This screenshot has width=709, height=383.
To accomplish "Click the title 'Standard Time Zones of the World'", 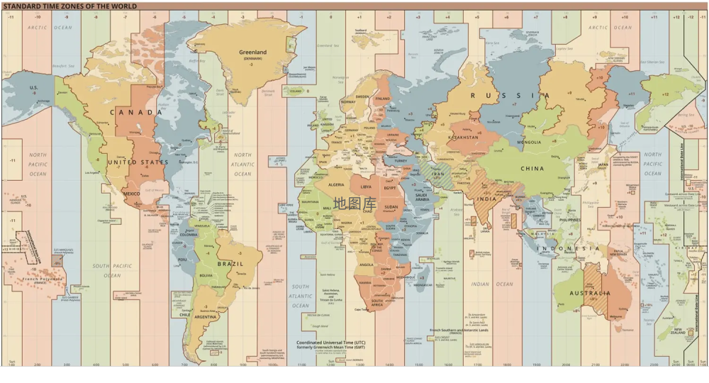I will [x=69, y=6].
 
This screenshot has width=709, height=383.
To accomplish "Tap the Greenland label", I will [x=252, y=52].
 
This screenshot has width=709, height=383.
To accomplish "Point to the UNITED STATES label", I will [x=138, y=162].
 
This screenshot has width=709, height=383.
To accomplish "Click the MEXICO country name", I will [x=132, y=194].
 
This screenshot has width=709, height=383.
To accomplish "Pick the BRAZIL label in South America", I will [x=230, y=264].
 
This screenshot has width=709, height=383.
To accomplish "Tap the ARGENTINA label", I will [x=206, y=316].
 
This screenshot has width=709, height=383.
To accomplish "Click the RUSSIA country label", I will [x=510, y=96].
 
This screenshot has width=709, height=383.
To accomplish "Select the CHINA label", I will [x=532, y=169].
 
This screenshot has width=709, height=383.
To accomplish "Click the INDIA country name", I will [x=486, y=199].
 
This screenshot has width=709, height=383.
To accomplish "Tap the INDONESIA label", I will [x=568, y=249].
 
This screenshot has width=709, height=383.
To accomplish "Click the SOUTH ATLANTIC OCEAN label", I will [x=301, y=296].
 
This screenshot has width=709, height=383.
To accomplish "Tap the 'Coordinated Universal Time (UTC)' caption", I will [x=331, y=342].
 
